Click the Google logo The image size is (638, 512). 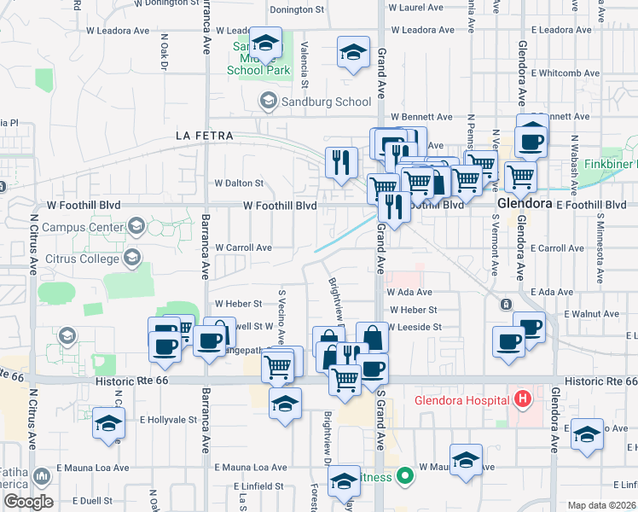point(27,502)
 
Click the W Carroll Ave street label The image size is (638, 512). point(243,247)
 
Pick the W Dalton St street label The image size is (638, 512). point(240,183)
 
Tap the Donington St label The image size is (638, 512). point(298,10)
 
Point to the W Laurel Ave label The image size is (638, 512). point(418,8)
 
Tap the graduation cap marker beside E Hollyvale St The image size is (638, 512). point(109,423)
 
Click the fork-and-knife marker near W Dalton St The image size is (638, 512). point(342,161)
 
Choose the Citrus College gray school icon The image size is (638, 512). point(132,257)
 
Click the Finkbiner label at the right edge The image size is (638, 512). point(614,162)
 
